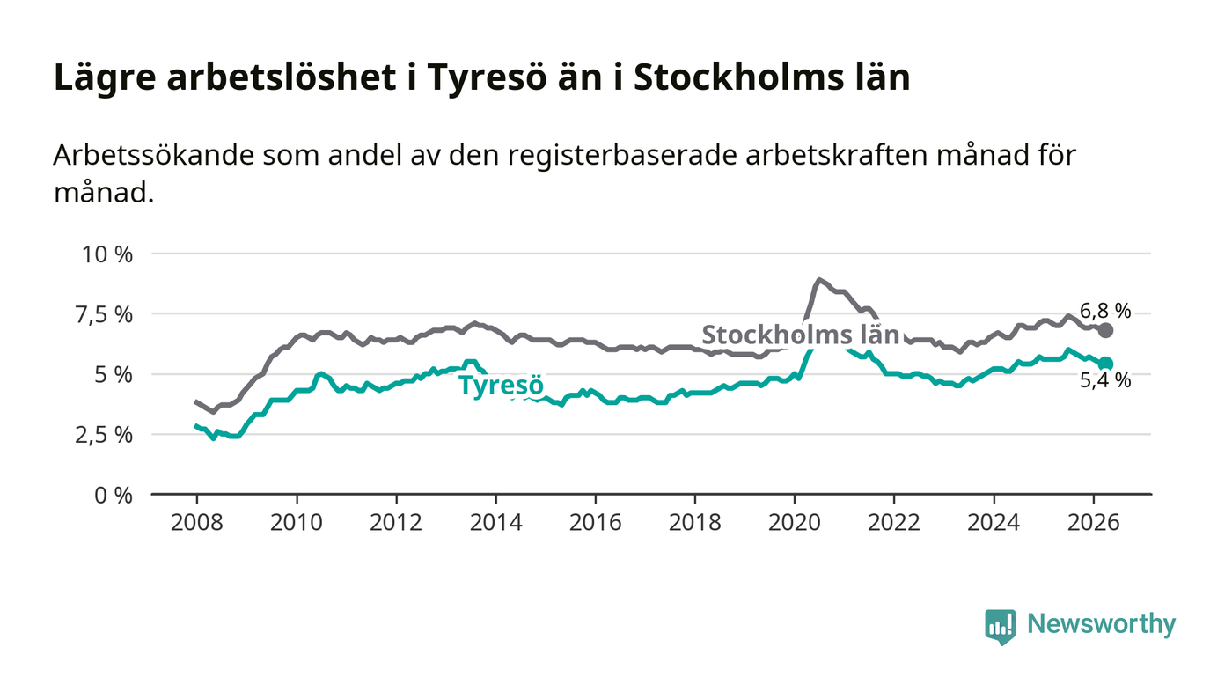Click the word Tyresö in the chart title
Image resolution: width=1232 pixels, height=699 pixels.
pyautogui.click(x=487, y=77)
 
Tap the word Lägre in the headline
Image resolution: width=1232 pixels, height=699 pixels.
pyautogui.click(x=105, y=77)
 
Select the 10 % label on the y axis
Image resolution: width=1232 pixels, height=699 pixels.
pyautogui.click(x=107, y=254)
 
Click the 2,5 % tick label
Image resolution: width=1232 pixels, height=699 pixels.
pyautogui.click(x=104, y=436)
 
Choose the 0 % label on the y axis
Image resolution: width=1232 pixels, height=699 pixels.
pyautogui.click(x=114, y=496)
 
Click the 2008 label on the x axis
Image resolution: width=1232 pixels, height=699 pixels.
pyautogui.click(x=197, y=522)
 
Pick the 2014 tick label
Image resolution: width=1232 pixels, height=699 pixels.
pyautogui.click(x=495, y=522)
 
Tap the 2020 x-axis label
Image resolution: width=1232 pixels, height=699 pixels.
pyautogui.click(x=794, y=522)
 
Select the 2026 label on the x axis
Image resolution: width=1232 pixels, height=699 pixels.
pyautogui.click(x=1093, y=522)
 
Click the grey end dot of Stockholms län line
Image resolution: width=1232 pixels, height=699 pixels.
pyautogui.click(x=1105, y=330)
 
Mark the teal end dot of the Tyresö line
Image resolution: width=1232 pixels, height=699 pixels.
pyautogui.click(x=1105, y=364)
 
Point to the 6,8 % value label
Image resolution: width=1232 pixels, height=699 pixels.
pyautogui.click(x=1105, y=311)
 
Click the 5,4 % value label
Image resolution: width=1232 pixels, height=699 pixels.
pyautogui.click(x=1105, y=380)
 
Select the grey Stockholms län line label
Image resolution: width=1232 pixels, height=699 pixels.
pyautogui.click(x=800, y=335)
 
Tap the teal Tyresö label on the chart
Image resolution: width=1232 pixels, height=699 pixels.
pyautogui.click(x=501, y=385)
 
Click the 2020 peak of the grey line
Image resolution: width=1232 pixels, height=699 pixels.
pyautogui.click(x=819, y=280)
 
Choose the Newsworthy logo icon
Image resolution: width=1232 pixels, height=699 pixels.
pyautogui.click(x=1000, y=627)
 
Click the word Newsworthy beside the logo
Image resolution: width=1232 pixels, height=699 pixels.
pyautogui.click(x=1101, y=624)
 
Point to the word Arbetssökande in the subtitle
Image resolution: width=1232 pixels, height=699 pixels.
pyautogui.click(x=154, y=155)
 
